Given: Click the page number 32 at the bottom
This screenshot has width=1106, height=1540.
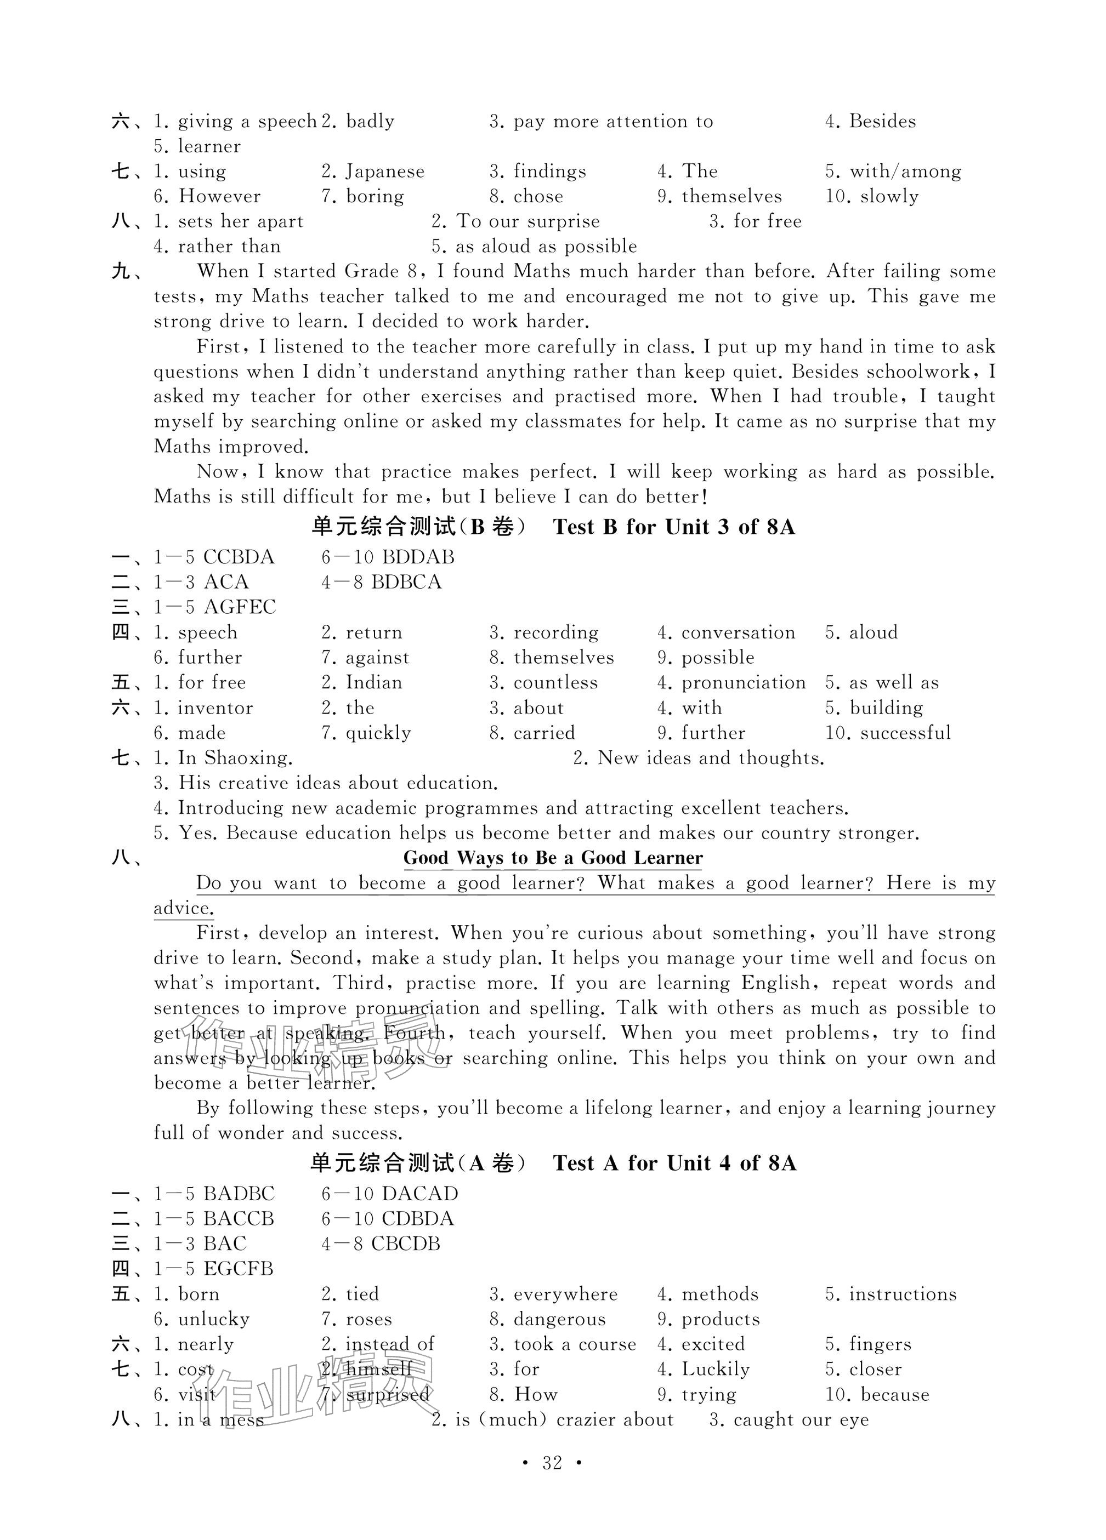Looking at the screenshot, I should click(552, 1463).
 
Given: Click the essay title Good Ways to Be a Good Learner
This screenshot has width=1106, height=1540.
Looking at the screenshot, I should click(552, 858).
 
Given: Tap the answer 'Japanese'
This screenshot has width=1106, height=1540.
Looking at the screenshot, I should click(384, 171).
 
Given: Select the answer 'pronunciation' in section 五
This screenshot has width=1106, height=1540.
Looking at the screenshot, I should click(743, 682).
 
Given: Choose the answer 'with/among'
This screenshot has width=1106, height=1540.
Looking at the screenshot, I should click(905, 171).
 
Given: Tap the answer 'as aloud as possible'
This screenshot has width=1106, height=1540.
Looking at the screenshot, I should click(546, 247).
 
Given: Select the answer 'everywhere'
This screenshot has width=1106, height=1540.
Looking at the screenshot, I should click(565, 1294).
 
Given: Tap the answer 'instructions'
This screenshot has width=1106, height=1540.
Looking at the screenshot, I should click(902, 1294).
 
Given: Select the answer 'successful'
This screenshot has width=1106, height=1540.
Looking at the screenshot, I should click(905, 733).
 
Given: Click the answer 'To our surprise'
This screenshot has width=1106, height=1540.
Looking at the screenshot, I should click(528, 221).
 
